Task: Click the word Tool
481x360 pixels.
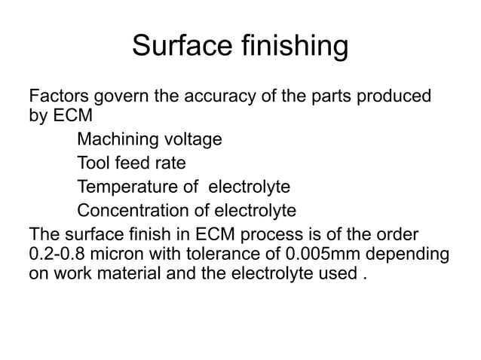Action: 93,163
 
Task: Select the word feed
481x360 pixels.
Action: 132,163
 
